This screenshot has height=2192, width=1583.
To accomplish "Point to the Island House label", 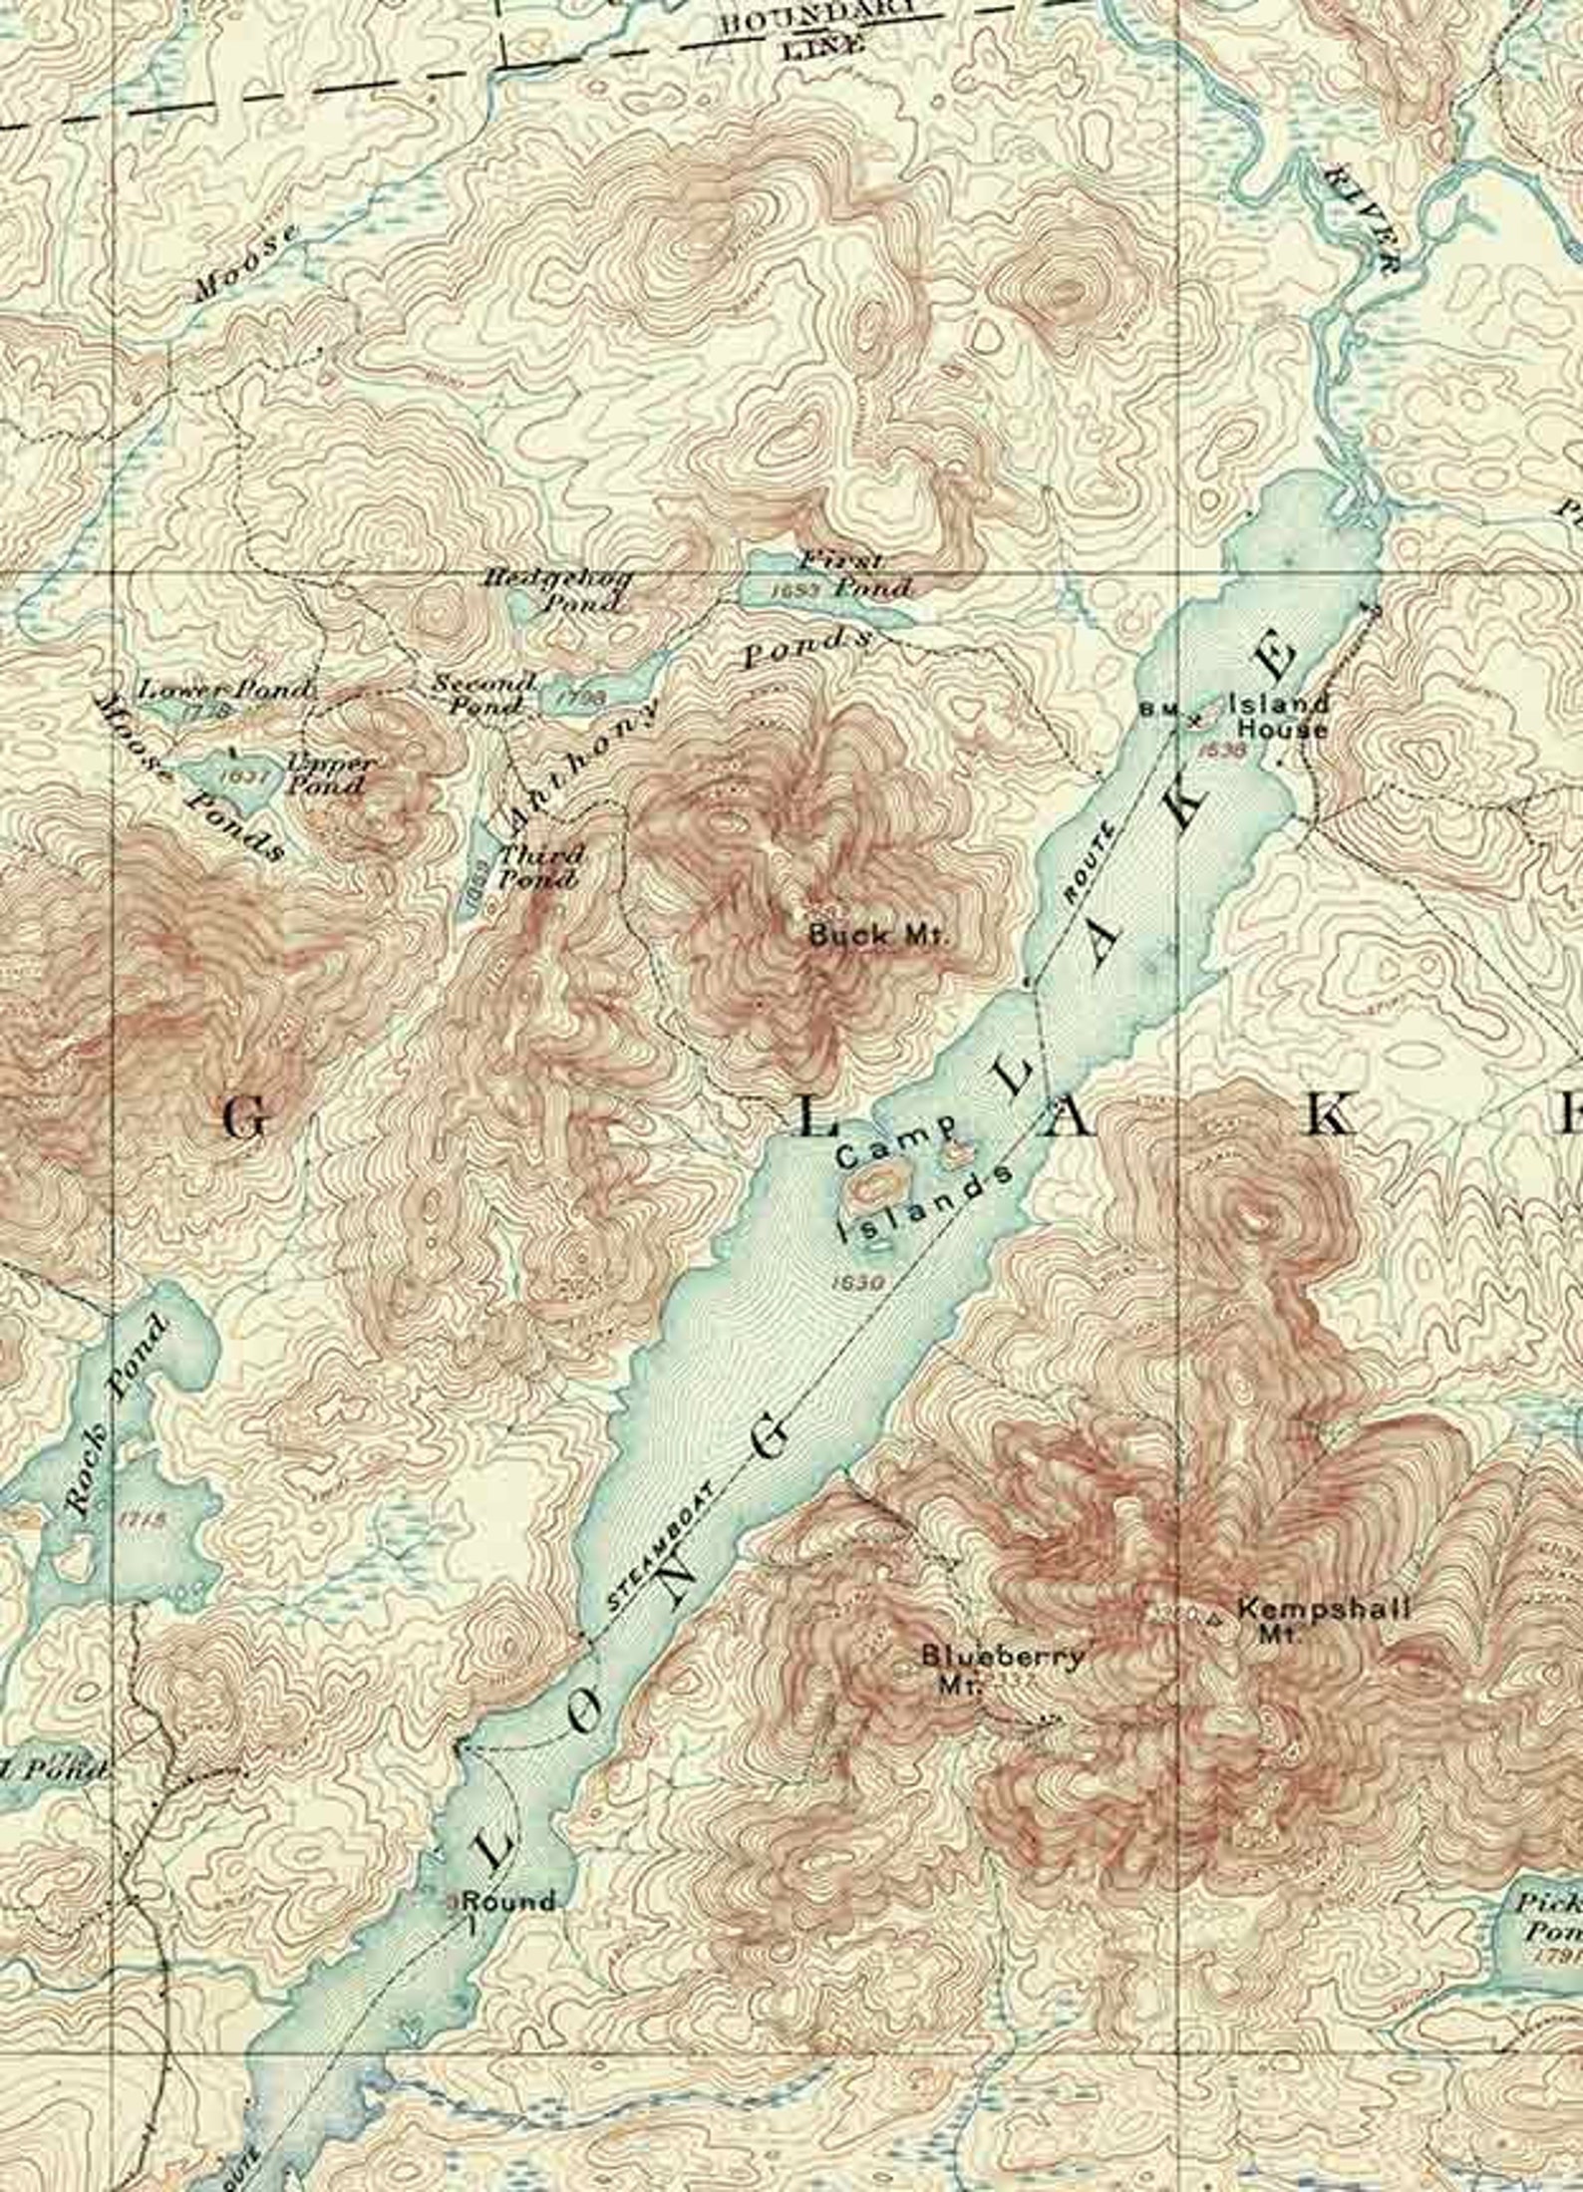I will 1279,715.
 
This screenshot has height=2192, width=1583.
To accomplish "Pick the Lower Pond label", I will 224,689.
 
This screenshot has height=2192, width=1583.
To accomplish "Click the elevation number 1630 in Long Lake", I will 858,1282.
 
